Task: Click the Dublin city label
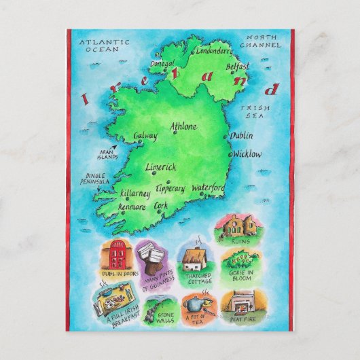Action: [x=242, y=136]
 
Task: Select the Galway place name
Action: [x=145, y=136]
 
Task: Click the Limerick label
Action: [x=161, y=167]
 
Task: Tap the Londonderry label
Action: [x=214, y=50]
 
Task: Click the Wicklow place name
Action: [x=247, y=154]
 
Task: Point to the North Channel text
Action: [x=263, y=41]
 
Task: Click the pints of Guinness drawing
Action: [x=155, y=257]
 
